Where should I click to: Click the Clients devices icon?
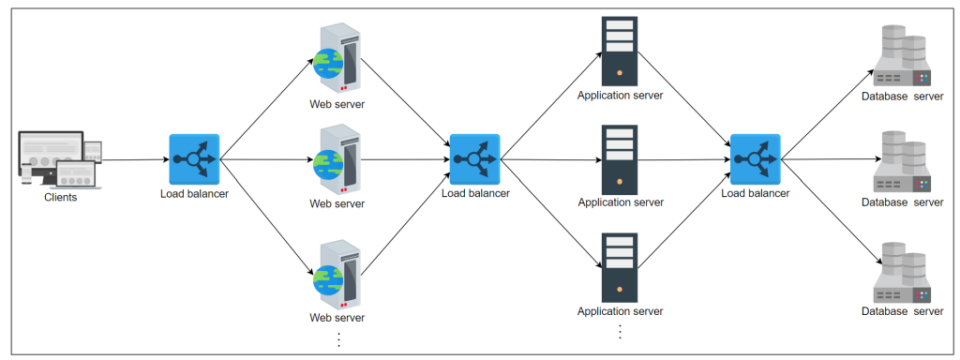tap(59, 159)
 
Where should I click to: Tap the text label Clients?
tap(60, 198)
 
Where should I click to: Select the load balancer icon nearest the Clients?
tap(194, 159)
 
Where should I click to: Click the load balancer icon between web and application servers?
tap(474, 159)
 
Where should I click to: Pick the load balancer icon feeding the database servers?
tap(755, 159)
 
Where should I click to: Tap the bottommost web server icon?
tap(337, 275)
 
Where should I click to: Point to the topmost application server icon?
tap(620, 49)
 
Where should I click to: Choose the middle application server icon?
tap(620, 157)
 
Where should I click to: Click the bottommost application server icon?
tap(620, 266)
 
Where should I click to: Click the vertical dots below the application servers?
tap(620, 332)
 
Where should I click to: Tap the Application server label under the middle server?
tap(620, 202)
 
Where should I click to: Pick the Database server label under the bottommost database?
tap(902, 310)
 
